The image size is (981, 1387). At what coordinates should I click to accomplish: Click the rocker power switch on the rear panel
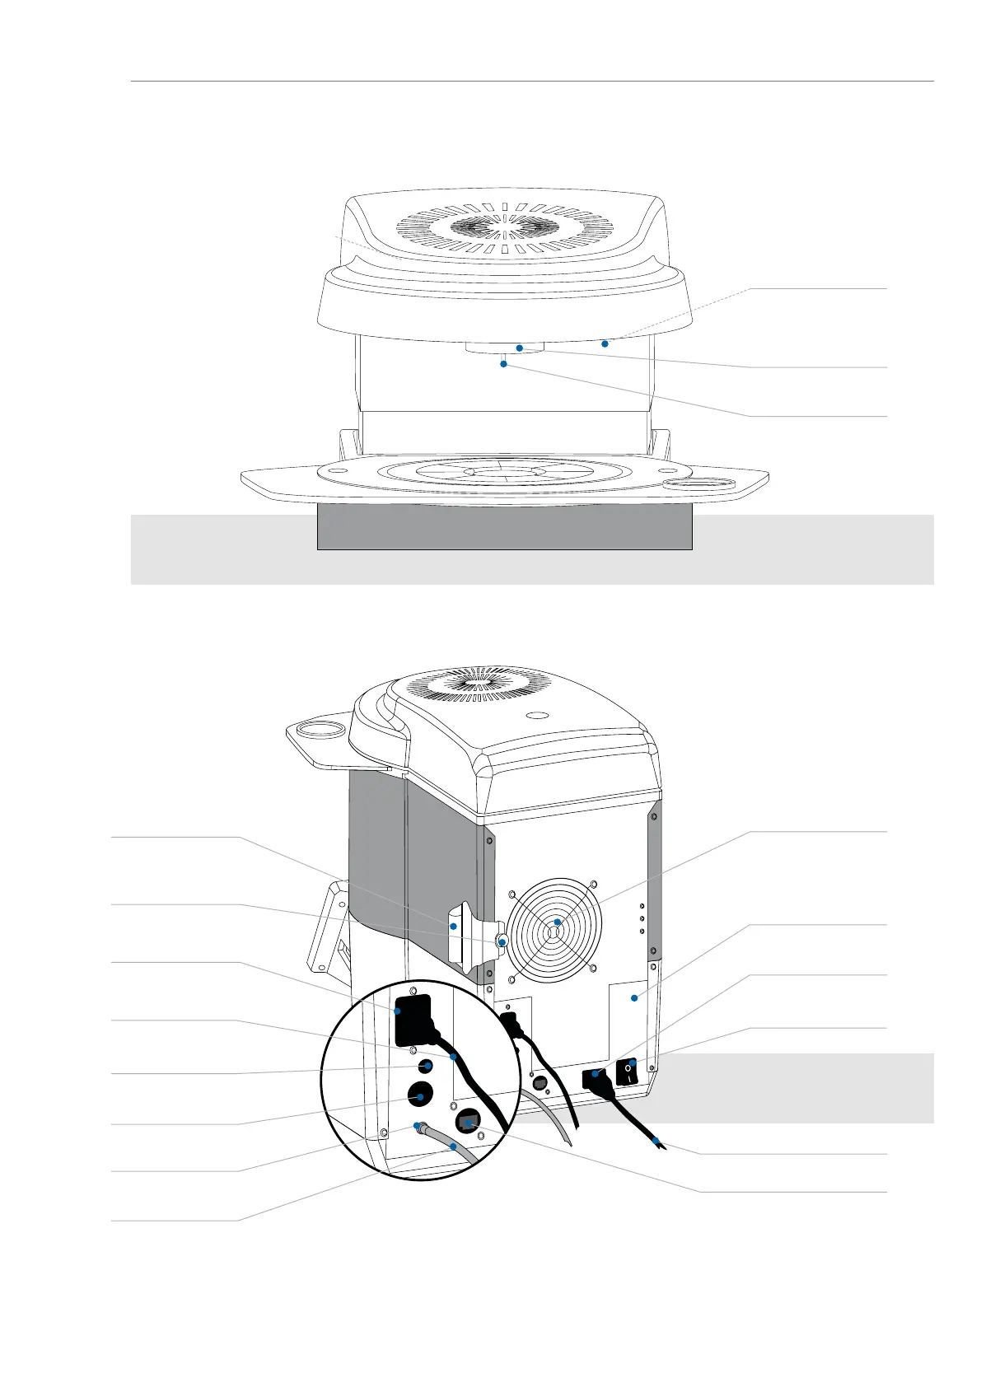point(630,1072)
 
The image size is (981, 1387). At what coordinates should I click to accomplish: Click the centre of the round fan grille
point(557,922)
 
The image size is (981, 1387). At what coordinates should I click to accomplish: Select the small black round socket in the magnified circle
point(426,1066)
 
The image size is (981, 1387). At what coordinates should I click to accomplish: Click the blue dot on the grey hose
point(453,1146)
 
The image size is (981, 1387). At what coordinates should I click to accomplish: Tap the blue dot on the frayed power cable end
point(656,1142)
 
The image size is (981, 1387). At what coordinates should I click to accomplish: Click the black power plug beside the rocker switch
point(595,1076)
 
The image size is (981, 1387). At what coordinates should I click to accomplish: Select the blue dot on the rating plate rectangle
point(633,999)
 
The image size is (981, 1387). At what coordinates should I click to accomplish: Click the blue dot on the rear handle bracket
point(453,927)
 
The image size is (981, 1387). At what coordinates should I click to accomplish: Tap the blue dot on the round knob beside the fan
point(503,940)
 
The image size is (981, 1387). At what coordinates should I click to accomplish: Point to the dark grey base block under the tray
point(504,527)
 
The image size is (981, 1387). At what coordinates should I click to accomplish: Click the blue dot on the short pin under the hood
point(503,363)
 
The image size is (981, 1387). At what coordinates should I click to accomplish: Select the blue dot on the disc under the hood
point(520,348)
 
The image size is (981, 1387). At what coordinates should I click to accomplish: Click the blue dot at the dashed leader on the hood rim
point(605,343)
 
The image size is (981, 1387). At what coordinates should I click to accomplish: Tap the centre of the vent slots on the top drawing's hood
point(505,224)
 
